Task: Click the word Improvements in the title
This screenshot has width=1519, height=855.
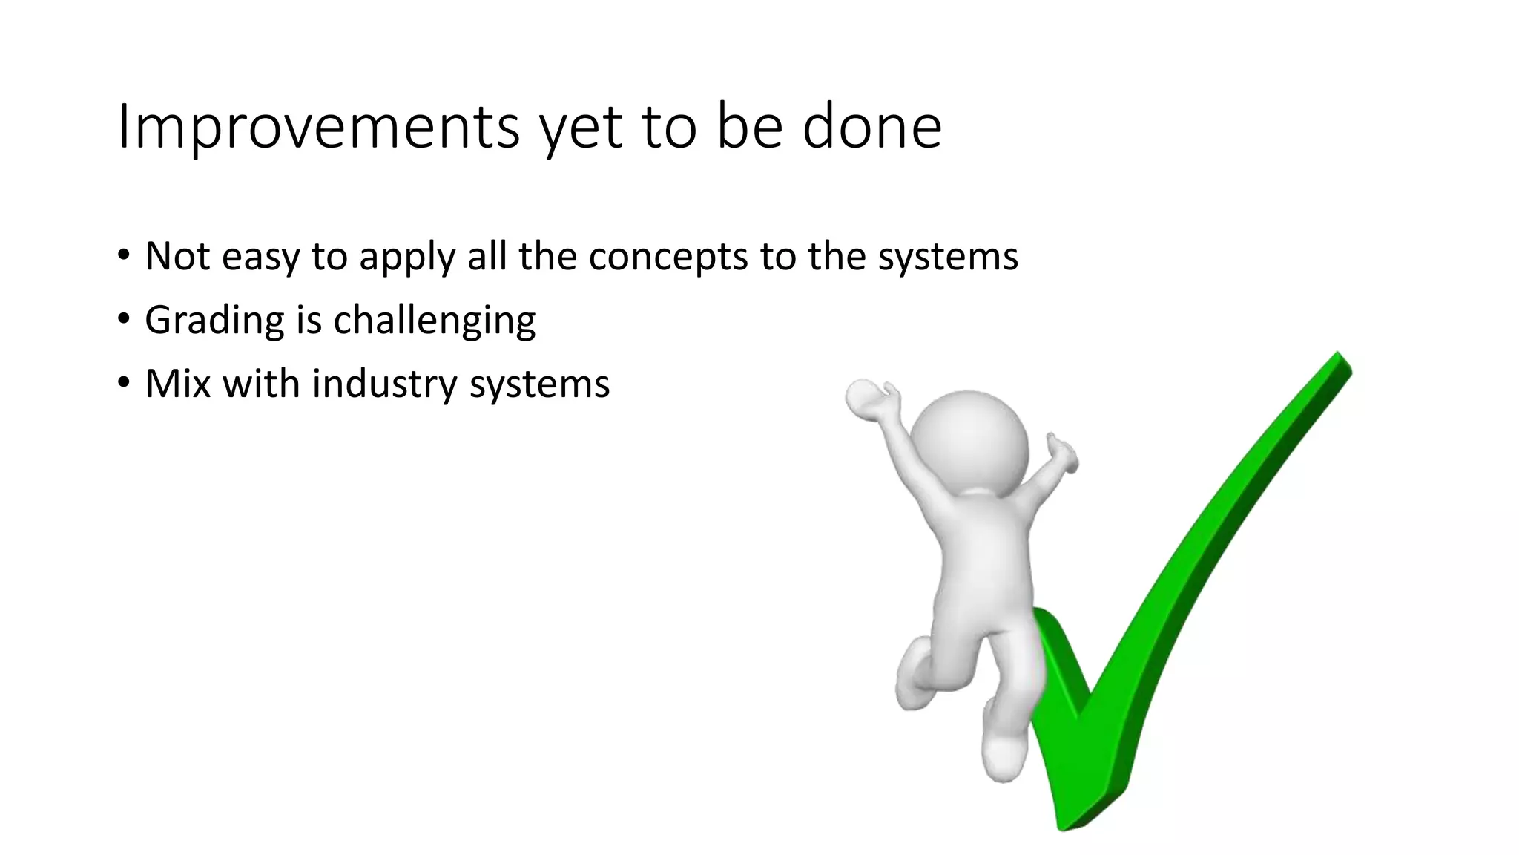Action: [x=318, y=127]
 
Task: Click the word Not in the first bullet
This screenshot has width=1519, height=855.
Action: [x=177, y=256]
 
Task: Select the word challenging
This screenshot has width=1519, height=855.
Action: [x=434, y=321]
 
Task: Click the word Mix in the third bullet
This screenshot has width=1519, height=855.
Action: [x=178, y=384]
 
